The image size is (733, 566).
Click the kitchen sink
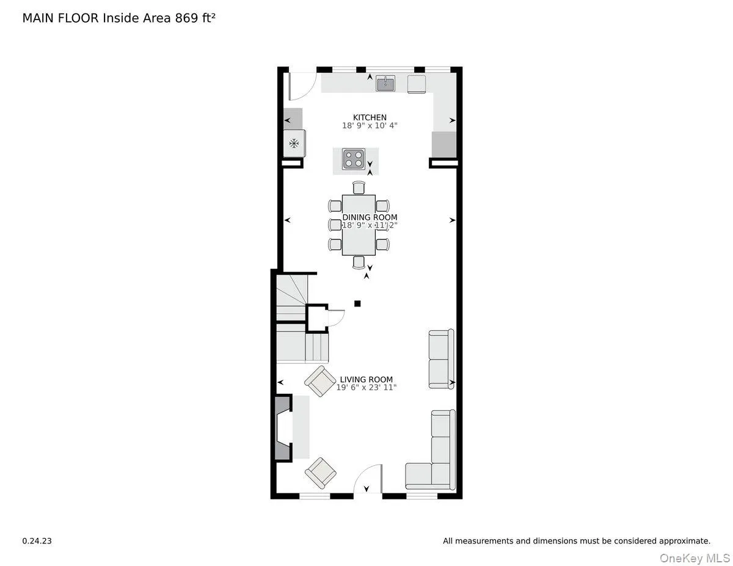(385, 84)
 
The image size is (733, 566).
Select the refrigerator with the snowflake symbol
(294, 144)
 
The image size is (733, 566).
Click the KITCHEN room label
(370, 117)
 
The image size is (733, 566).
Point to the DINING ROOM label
(370, 217)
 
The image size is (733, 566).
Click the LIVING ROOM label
(366, 379)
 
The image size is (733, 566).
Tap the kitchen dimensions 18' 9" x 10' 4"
(370, 126)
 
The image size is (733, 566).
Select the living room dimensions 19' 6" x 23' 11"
(366, 387)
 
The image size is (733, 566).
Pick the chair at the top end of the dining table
(359, 187)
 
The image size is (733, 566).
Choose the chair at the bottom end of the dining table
(359, 262)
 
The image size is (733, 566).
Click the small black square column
(358, 303)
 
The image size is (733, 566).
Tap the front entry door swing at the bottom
(368, 479)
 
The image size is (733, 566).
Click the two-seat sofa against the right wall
(441, 359)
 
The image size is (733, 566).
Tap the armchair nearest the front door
(321, 473)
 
